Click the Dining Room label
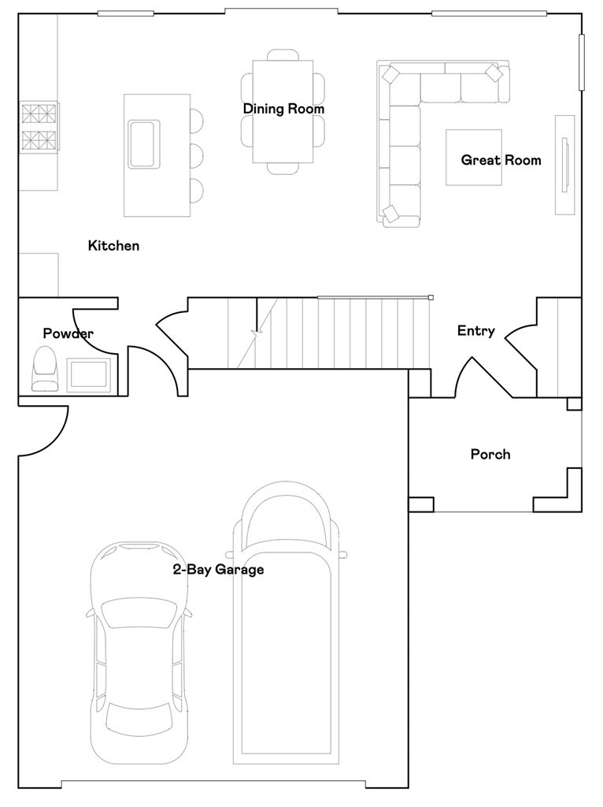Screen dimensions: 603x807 click(283, 109)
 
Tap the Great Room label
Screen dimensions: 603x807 click(501, 160)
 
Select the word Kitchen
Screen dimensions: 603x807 click(113, 246)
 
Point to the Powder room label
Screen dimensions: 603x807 click(68, 333)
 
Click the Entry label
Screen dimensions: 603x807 click(476, 331)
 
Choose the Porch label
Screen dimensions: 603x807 click(491, 455)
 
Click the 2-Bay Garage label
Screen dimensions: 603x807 click(219, 570)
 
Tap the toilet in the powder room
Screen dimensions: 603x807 click(44, 369)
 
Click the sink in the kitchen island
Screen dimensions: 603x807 click(144, 143)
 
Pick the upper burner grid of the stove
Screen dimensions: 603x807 click(39, 113)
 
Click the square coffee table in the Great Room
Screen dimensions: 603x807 click(473, 157)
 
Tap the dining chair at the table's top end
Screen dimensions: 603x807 click(283, 54)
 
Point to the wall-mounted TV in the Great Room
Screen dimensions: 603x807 click(565, 165)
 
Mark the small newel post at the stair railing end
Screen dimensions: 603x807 click(431, 297)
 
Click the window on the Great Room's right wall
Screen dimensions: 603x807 click(582, 61)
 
